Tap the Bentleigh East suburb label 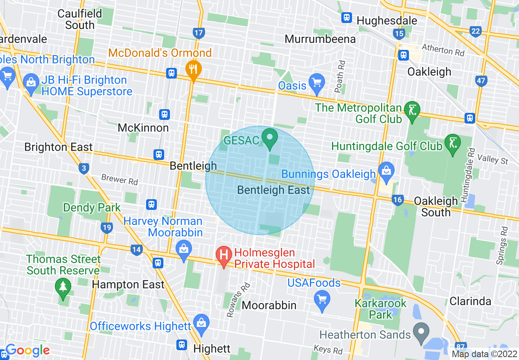tap(273, 190)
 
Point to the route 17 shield tap(199, 33)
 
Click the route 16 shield tap(397, 200)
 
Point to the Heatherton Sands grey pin tap(420, 330)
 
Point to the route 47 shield tap(481, 81)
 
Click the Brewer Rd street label tap(120, 180)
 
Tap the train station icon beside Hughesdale tap(347, 18)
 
